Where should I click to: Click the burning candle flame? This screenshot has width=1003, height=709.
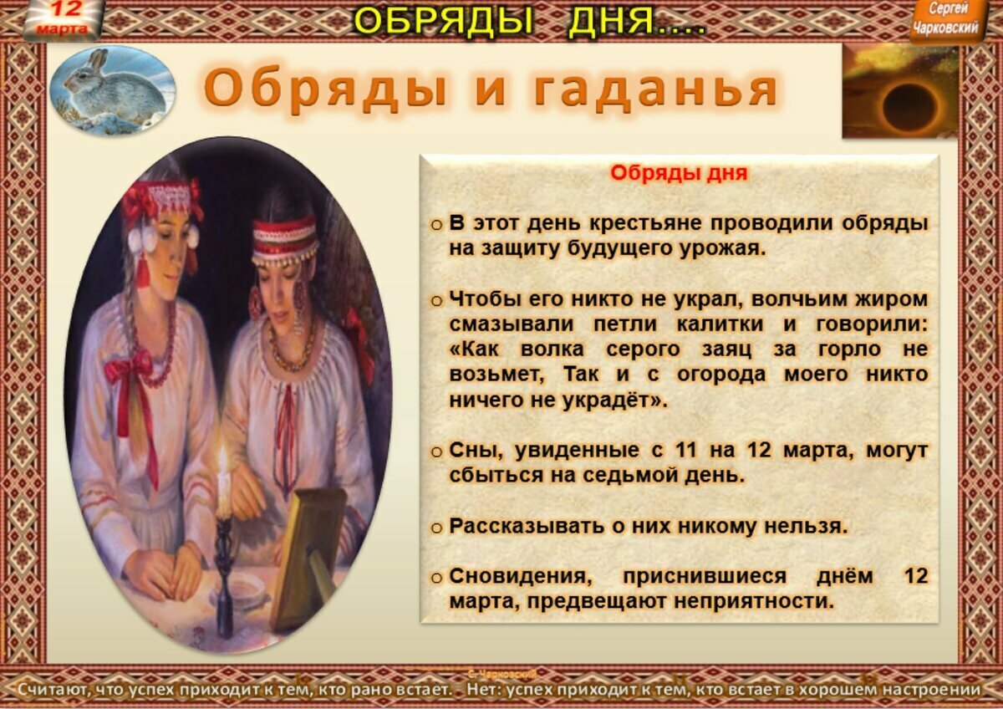click(223, 462)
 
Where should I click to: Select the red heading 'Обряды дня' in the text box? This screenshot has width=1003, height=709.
click(678, 174)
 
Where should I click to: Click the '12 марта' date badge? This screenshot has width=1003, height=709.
click(61, 20)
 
